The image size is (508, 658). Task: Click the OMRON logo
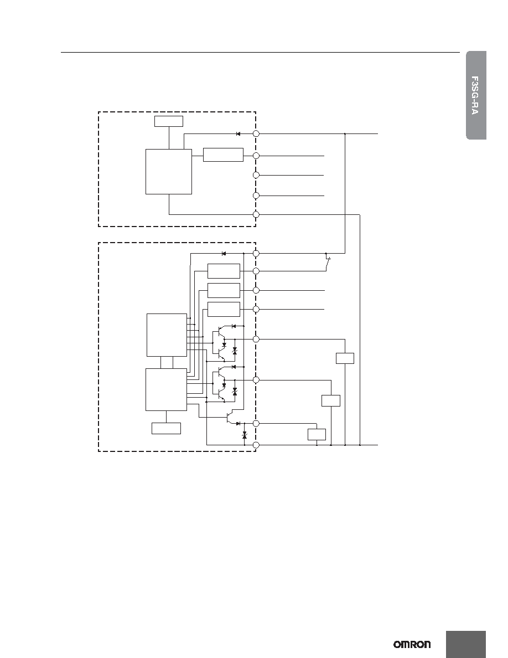412,644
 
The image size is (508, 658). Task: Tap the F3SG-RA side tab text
475,95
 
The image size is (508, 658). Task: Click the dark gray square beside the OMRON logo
466,644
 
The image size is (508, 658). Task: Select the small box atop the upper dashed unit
168,121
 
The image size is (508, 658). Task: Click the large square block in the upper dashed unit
168,172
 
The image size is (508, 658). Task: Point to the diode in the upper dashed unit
238,134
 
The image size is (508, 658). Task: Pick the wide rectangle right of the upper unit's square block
223,155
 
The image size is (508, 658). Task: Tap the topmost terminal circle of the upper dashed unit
257,133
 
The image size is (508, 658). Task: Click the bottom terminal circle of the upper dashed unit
257,214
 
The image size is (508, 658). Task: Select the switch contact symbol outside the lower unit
328,263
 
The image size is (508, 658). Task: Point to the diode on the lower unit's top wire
224,254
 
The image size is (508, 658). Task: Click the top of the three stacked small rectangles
224,271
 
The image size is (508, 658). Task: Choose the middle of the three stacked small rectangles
224,290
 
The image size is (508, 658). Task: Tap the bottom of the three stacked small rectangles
224,309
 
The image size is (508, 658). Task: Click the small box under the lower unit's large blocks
166,429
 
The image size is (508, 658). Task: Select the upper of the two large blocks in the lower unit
167,335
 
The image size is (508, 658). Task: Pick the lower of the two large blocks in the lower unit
167,389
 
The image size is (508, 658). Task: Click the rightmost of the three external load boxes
345,358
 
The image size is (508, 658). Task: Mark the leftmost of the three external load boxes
317,434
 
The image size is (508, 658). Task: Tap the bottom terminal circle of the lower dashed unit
257,445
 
